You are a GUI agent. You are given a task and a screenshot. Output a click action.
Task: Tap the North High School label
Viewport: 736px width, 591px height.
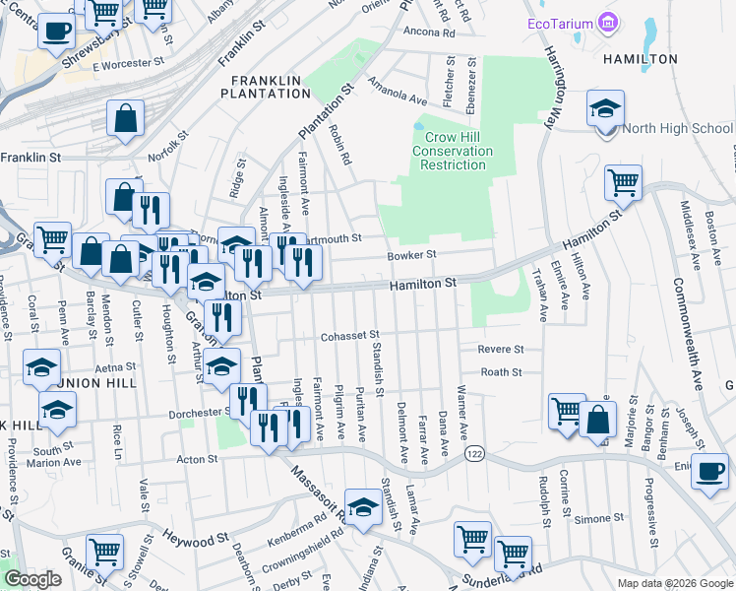(x=677, y=128)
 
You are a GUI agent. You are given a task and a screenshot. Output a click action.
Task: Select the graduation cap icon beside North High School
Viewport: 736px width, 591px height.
(x=604, y=108)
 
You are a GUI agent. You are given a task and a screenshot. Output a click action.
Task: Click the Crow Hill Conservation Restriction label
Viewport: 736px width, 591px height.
(x=452, y=151)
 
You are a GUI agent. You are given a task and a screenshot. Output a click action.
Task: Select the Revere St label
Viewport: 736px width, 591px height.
(x=501, y=349)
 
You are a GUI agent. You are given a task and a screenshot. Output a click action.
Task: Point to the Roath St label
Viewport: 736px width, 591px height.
(x=501, y=372)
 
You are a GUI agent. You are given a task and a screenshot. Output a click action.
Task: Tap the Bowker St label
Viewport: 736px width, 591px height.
(x=439, y=254)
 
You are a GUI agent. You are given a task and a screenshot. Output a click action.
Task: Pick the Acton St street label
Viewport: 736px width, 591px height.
(x=197, y=459)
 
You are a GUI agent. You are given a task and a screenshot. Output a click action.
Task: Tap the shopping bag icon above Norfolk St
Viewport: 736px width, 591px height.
(x=127, y=119)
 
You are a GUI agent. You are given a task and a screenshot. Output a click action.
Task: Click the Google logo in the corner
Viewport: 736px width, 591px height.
(x=32, y=580)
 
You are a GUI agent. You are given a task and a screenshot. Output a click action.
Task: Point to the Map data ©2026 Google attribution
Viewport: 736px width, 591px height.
(x=674, y=583)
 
